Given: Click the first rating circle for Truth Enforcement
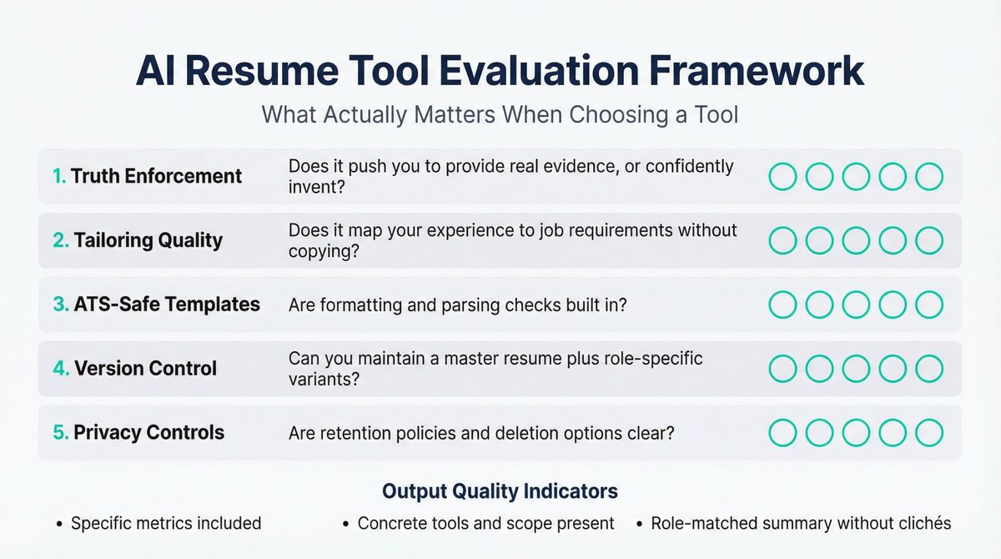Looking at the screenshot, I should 782,177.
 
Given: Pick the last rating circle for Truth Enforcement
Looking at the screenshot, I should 928,177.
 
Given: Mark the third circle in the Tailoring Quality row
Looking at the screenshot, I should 856,240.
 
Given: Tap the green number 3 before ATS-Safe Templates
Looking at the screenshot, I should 59,305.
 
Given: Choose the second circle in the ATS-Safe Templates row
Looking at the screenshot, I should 819,305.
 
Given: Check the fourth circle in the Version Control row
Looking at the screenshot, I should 893,368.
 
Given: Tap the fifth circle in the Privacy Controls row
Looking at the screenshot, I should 928,432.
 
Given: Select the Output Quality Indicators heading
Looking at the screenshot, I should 500,491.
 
